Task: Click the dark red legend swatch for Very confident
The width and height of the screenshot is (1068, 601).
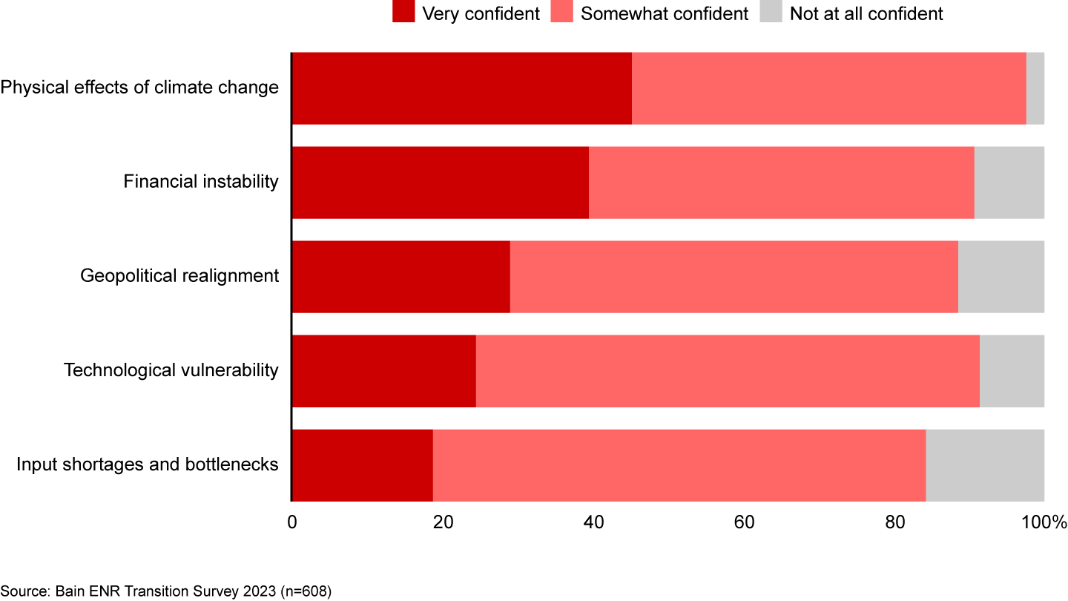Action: [403, 13]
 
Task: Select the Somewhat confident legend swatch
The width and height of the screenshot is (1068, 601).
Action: [561, 13]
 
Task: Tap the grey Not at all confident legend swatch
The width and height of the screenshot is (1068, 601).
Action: [771, 13]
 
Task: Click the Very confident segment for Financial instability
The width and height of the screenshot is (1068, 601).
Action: [440, 183]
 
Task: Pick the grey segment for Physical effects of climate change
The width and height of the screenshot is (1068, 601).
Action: [1035, 88]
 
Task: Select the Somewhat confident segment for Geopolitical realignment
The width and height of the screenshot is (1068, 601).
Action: [734, 277]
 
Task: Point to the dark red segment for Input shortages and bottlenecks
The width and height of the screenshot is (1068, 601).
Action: [362, 465]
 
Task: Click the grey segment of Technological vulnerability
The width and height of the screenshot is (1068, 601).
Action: [1012, 371]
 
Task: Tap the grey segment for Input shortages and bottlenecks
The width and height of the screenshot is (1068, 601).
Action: [985, 465]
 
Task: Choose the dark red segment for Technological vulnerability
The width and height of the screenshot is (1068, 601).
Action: [383, 371]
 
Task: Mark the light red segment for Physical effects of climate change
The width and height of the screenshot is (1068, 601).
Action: [828, 88]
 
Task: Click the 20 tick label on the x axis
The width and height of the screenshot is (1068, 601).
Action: [443, 522]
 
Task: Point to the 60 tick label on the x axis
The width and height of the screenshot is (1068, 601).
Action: [744, 522]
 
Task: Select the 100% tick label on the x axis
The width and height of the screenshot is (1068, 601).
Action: [1044, 522]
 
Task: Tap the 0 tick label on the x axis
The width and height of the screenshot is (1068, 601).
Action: [292, 522]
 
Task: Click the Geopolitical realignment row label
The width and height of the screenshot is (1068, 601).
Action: [179, 276]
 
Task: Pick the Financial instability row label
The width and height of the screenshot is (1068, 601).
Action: [201, 182]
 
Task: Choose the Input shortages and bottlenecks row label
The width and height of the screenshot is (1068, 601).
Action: [148, 464]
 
